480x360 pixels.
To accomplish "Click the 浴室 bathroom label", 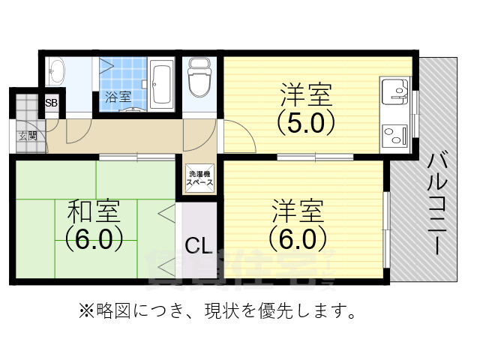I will [x=118, y=97].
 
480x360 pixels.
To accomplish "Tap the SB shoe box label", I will [x=52, y=103].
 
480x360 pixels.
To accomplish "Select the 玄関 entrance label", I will [x=28, y=136].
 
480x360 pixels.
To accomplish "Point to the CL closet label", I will [x=199, y=245].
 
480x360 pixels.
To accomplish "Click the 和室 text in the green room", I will [x=92, y=211].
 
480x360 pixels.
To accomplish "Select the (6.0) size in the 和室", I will [x=92, y=239].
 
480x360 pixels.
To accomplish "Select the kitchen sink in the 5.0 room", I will [x=394, y=93].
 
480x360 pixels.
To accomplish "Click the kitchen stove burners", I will [x=394, y=137].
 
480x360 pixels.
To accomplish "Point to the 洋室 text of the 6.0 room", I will [x=298, y=209].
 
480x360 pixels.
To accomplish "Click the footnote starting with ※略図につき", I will [x=217, y=309].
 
